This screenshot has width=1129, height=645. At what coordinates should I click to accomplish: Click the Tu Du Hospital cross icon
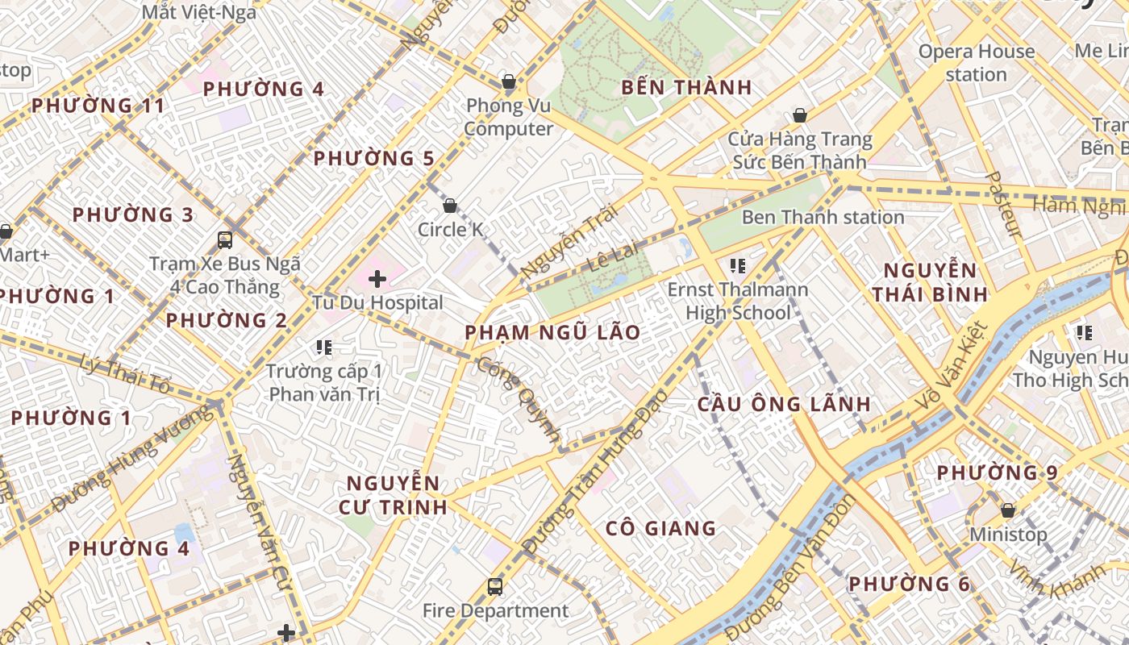point(377,280)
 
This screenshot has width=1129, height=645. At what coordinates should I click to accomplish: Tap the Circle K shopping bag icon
point(450,206)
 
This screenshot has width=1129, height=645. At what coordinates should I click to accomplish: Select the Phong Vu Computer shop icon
point(508,81)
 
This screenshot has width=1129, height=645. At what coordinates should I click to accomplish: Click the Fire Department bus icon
point(495,587)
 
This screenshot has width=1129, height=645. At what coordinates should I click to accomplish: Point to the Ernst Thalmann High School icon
point(736,265)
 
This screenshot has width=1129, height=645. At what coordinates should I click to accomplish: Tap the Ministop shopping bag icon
point(1007,510)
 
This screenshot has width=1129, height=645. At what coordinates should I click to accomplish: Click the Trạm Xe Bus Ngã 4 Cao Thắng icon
point(225,239)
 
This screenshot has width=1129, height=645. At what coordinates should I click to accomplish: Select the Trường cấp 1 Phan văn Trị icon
point(324,347)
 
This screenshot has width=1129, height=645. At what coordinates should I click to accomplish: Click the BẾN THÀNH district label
point(686,87)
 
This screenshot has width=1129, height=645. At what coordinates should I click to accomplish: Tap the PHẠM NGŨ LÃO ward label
point(552,332)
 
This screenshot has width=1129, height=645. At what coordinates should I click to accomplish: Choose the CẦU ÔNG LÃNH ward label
point(784,404)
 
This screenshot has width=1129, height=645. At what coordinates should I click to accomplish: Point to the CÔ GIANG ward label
point(660,528)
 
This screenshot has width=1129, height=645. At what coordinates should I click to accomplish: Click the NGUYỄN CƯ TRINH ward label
point(396,495)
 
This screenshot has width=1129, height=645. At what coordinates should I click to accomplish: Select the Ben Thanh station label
point(823,217)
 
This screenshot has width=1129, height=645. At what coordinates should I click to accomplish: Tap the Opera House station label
point(977,63)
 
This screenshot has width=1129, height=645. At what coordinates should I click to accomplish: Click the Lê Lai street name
point(613,257)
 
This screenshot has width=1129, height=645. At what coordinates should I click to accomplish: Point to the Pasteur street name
point(1004,205)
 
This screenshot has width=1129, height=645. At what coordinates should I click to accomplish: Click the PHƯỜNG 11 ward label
point(98,106)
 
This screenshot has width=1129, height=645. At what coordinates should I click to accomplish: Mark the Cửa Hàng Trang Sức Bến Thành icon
point(799,116)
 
